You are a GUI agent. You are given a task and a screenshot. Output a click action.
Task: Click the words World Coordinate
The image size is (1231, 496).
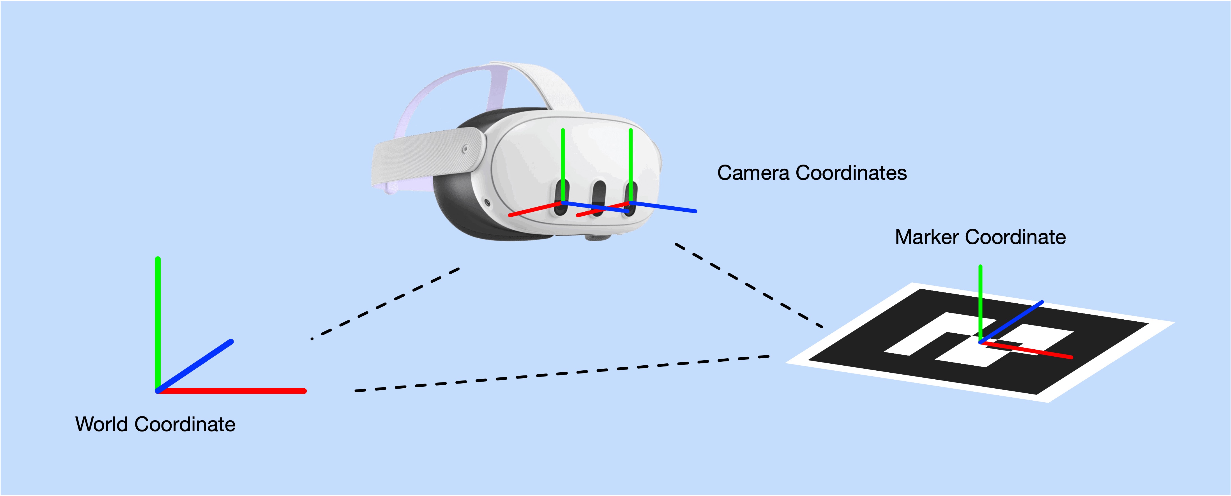click(155, 424)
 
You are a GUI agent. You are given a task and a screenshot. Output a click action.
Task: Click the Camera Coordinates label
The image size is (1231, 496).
click(812, 173)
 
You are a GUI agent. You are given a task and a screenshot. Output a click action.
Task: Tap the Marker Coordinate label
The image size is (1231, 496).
click(980, 237)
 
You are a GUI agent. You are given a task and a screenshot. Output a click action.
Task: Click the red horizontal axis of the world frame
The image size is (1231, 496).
click(231, 391)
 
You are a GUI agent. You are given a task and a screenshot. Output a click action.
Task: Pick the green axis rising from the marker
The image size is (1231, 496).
click(980, 303)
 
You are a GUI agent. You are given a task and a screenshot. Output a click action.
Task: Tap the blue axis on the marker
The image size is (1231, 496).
click(1011, 322)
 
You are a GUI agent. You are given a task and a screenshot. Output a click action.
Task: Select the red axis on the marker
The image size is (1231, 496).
click(1026, 349)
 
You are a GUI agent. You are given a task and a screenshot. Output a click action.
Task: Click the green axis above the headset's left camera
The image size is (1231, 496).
click(563, 166)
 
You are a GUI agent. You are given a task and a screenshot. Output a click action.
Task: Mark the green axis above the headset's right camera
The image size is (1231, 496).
click(631, 166)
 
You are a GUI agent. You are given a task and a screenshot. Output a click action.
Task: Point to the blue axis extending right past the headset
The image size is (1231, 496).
click(663, 207)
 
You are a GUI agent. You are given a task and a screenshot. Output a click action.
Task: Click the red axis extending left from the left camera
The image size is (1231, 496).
click(536, 209)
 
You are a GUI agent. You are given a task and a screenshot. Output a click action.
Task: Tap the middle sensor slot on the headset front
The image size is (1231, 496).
click(598, 198)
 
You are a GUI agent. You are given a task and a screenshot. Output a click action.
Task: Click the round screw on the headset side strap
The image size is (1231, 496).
click(465, 149)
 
